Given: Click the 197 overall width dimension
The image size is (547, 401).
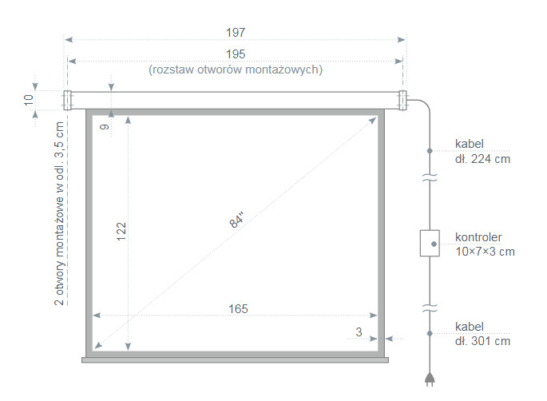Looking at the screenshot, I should tap(235, 33).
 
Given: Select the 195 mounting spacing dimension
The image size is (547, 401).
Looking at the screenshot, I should tap(235, 54).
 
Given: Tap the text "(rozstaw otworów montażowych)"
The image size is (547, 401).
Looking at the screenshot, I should tap(236, 69).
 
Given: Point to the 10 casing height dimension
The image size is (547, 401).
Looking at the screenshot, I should tap(29, 99).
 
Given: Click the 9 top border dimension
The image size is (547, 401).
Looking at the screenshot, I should tap(103, 125).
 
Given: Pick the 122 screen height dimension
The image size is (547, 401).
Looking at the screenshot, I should tap(121, 232).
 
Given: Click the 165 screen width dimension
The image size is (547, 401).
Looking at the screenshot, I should tap(237, 308).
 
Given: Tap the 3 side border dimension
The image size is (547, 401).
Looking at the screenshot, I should tap(359, 331).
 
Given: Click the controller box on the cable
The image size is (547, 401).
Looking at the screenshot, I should tap(430, 243).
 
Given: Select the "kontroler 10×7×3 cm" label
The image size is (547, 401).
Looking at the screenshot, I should tap(485, 244).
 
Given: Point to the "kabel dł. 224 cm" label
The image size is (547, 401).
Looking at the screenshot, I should tap(482, 151).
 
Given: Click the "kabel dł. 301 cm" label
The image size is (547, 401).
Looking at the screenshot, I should tap(482, 334).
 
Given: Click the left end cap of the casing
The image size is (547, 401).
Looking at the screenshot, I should tap(67, 99).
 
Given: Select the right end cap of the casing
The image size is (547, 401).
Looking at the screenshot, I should tap(402, 99).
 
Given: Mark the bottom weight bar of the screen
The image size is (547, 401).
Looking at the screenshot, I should tap(236, 359).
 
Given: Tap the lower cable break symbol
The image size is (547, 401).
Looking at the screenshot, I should tap(430, 306).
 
